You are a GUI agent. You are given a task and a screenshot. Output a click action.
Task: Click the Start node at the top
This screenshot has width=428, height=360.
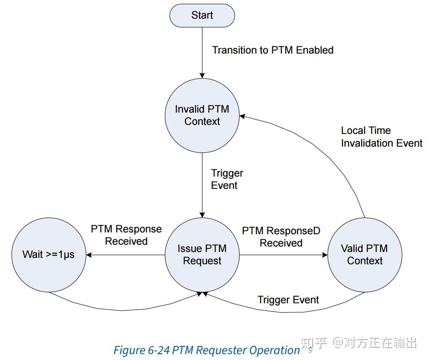point(202,15)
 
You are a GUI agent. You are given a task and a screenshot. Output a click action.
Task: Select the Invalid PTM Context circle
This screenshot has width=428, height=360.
point(202,115)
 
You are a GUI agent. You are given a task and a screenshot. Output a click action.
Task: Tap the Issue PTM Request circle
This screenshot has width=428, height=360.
point(202,255)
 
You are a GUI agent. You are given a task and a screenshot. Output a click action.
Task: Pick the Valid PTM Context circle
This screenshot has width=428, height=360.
point(364,255)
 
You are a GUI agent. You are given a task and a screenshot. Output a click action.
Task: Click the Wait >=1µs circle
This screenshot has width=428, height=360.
point(49,255)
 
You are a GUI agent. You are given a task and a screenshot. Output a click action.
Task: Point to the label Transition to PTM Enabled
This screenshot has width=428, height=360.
point(273,50)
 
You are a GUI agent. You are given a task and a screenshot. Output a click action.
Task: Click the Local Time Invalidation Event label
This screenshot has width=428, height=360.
point(381,137)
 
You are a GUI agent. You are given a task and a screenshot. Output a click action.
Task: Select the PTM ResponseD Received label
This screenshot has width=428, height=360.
point(281,237)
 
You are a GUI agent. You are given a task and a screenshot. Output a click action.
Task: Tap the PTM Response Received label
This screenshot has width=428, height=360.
point(126,235)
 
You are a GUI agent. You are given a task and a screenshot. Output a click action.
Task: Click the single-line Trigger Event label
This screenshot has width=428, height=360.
point(288,300)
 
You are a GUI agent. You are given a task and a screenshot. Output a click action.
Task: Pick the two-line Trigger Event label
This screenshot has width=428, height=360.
point(227,179)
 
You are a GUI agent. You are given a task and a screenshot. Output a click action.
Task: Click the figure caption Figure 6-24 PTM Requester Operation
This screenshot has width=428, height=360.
point(207,350)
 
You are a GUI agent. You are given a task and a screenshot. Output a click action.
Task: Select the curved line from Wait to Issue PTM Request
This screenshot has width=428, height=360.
point(123,310)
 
